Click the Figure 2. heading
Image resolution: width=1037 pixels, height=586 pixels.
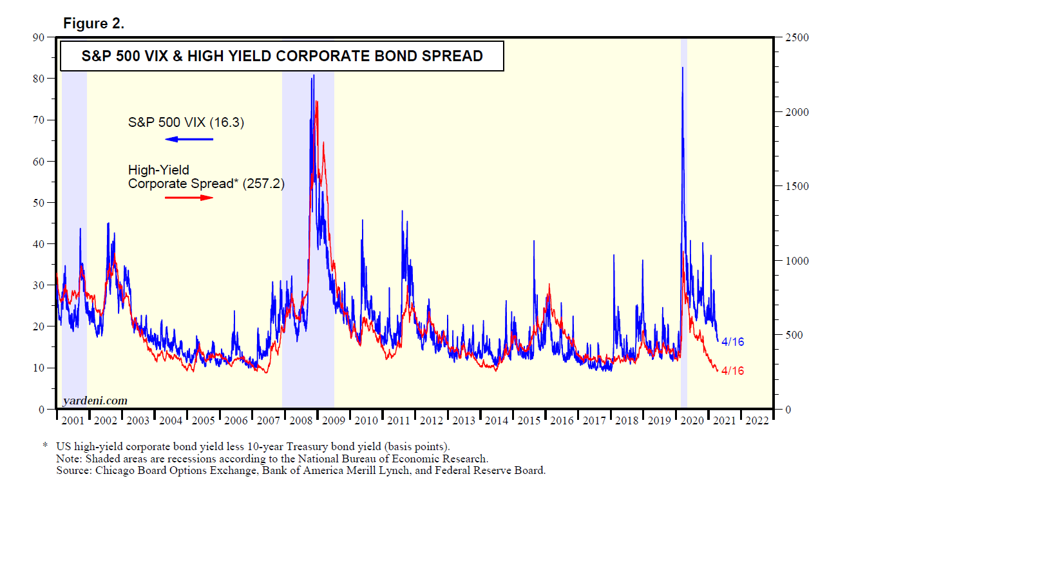tap(93, 24)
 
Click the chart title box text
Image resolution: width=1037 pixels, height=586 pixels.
tap(281, 56)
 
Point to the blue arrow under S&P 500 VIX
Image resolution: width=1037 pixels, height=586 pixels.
tap(189, 139)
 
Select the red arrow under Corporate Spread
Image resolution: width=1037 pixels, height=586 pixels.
tap(189, 198)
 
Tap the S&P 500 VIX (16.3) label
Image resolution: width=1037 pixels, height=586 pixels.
tap(186, 122)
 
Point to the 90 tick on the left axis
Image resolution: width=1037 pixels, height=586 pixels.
tap(39, 37)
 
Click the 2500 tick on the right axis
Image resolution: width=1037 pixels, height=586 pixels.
tap(797, 37)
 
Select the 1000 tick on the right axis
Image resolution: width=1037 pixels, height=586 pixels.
tap(797, 261)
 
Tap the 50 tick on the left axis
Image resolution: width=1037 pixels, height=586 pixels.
tap(39, 203)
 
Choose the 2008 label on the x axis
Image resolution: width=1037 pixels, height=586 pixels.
tap(301, 421)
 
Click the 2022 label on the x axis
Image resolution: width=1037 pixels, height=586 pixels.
tap(757, 421)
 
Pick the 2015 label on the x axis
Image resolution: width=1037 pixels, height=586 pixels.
tap(529, 421)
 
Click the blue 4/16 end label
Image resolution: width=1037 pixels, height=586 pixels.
tap(732, 342)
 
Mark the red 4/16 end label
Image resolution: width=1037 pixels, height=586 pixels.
tap(732, 371)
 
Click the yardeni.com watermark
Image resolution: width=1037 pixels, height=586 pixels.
tap(95, 401)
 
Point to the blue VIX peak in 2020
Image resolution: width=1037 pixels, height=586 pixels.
tap(683, 68)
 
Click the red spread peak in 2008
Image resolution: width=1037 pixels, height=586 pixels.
tap(316, 102)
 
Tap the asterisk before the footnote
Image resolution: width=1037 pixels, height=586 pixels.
tap(45, 446)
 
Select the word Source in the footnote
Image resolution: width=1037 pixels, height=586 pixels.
tap(71, 470)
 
